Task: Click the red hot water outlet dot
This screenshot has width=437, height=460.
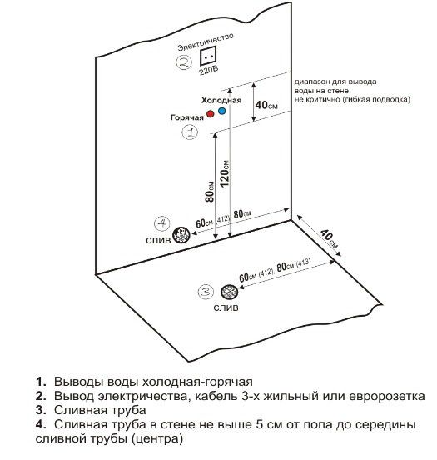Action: pos(210,114)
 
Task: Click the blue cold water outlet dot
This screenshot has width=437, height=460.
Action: pos(222,111)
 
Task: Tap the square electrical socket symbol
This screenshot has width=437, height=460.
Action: pos(208,56)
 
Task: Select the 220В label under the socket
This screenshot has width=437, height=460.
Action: pos(209,71)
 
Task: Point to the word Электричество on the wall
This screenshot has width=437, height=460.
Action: pos(206,42)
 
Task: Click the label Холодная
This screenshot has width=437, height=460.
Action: pos(221,100)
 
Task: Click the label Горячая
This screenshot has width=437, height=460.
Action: pos(187,117)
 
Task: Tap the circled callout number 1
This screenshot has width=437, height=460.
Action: pos(190,132)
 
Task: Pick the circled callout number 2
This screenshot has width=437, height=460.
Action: pos(184,62)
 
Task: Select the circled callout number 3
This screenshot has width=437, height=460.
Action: pos(206,292)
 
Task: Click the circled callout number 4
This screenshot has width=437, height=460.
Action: pos(161,223)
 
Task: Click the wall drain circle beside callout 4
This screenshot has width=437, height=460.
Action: pos(181,235)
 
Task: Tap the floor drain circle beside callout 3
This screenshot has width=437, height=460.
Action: pos(229,292)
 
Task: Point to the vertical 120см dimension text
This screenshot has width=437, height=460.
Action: pos(225,173)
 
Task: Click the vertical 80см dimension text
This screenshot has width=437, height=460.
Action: pos(210,192)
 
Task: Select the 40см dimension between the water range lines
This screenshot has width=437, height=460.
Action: pos(266,105)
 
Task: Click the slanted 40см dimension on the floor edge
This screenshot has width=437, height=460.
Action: pos(330,239)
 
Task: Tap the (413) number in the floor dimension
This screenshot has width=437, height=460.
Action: pos(303,262)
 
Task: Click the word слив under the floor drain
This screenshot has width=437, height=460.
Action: pos(226,307)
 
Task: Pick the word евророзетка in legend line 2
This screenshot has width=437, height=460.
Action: pos(387,396)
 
